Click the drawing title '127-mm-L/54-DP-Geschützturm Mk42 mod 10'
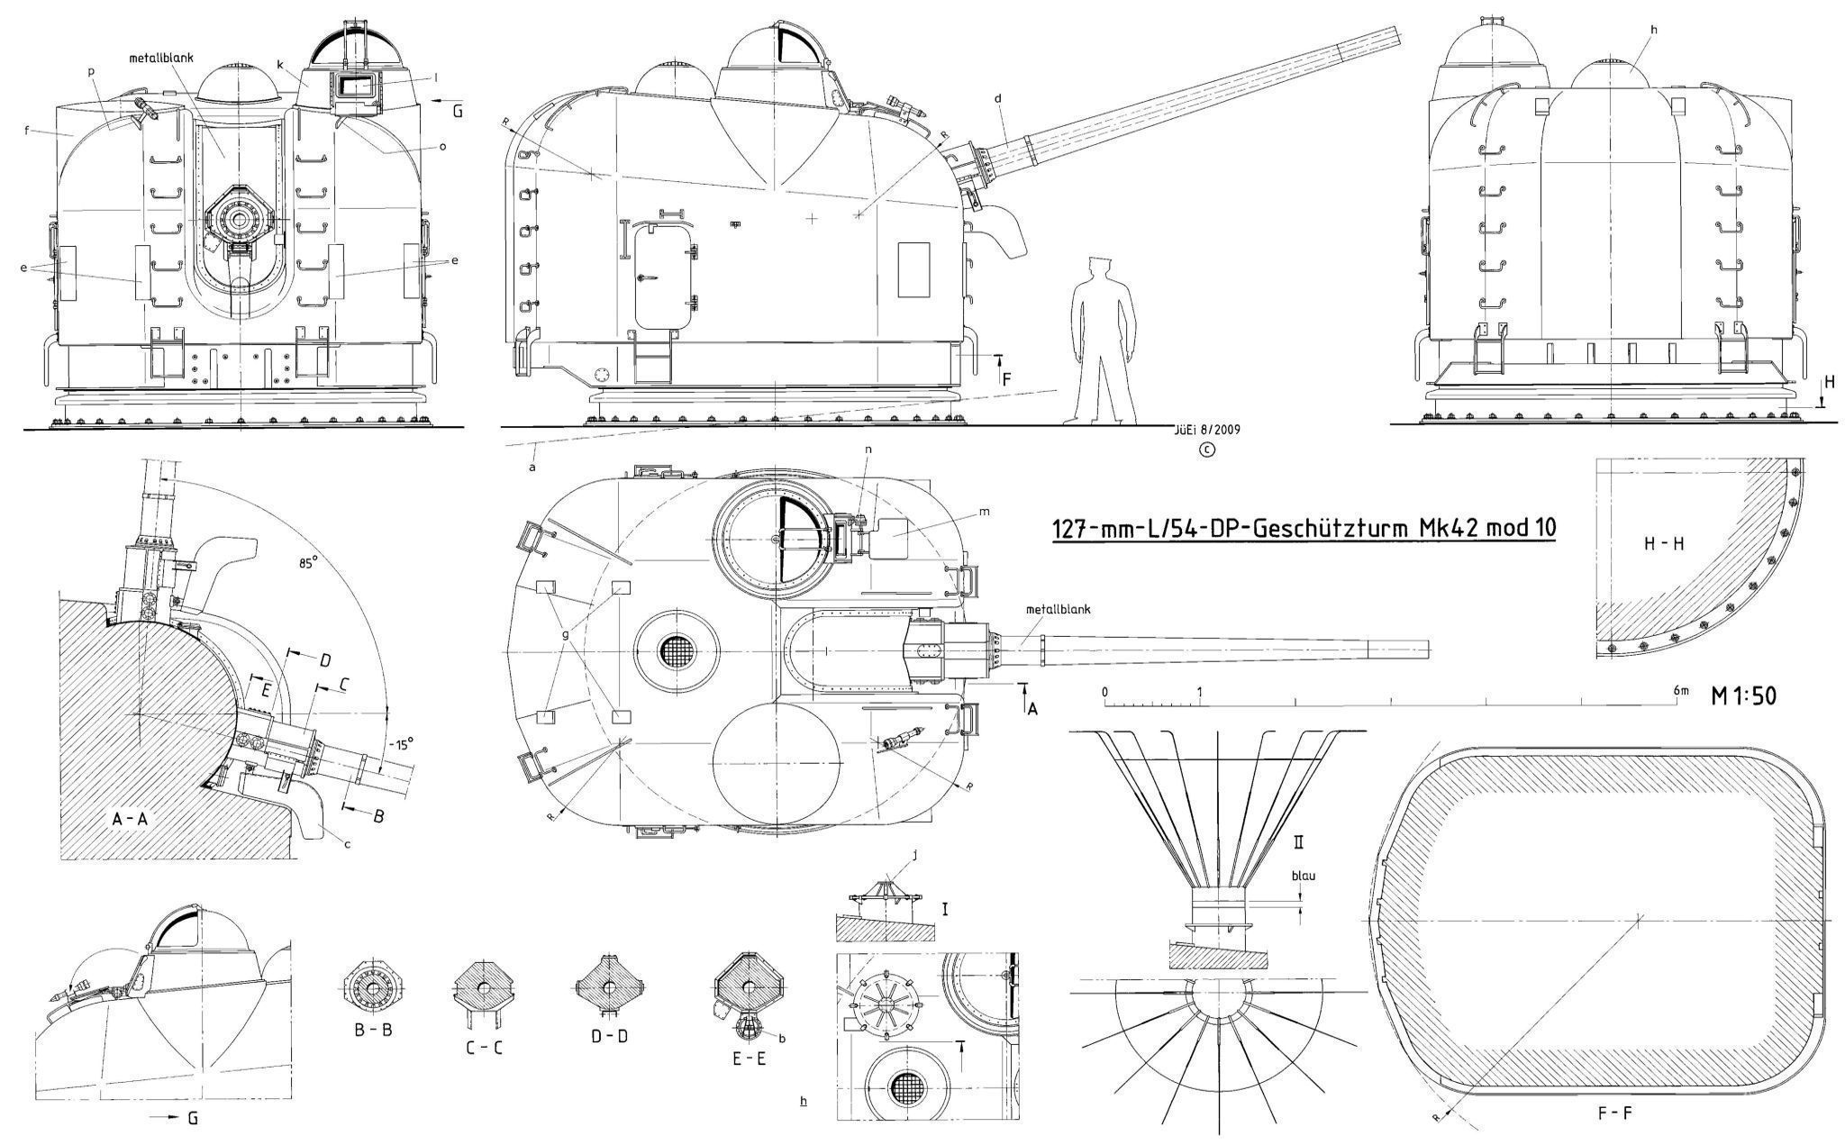[1304, 529]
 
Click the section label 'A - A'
[136, 819]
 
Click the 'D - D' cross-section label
[609, 1036]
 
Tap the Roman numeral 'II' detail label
[1300, 844]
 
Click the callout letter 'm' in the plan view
[985, 512]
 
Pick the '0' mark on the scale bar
[1105, 692]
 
